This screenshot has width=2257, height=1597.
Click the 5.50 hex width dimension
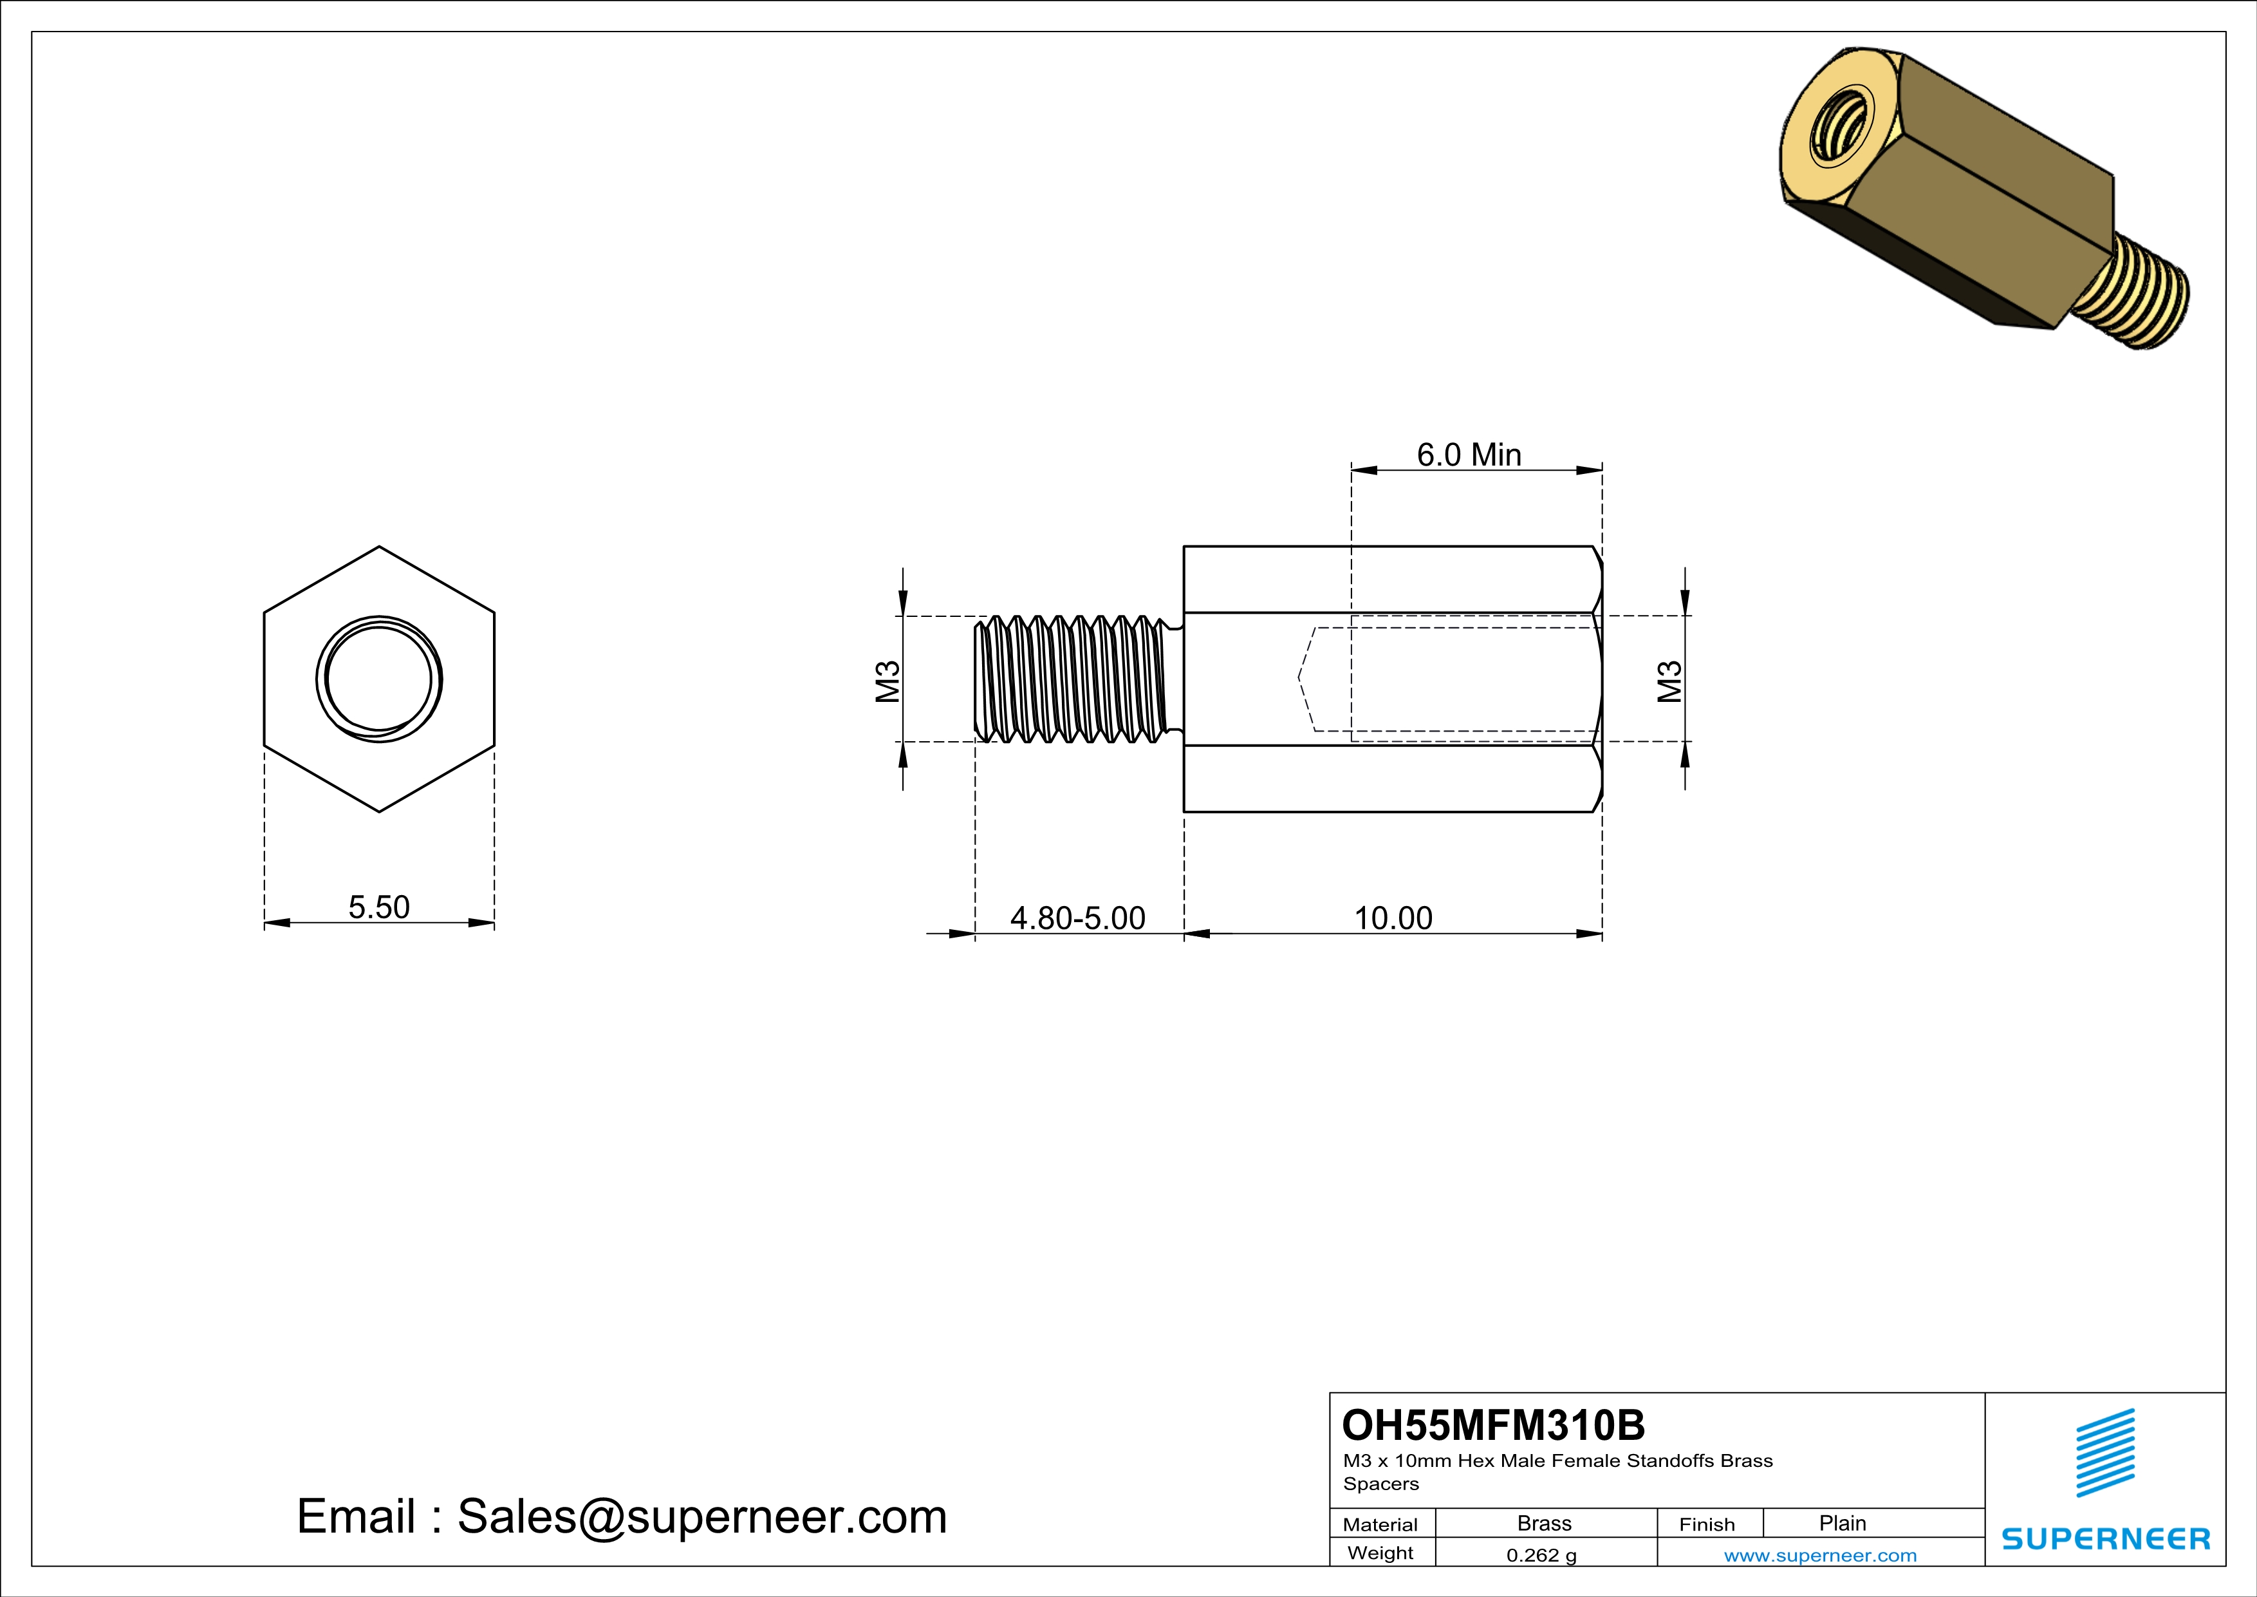tap(378, 907)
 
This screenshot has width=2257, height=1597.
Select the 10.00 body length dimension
tap(1393, 918)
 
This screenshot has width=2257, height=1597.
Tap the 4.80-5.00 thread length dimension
tap(1077, 918)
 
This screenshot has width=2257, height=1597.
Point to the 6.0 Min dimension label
tap(1469, 455)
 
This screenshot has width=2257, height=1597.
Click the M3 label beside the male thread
tap(887, 681)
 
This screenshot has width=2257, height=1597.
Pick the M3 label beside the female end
tap(1669, 681)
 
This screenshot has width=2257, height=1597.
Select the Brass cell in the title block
tap(1545, 1523)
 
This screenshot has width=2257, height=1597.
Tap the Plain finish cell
tap(1842, 1523)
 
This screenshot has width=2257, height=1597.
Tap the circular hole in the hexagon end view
tap(378, 679)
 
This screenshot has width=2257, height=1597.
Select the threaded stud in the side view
tap(1077, 679)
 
